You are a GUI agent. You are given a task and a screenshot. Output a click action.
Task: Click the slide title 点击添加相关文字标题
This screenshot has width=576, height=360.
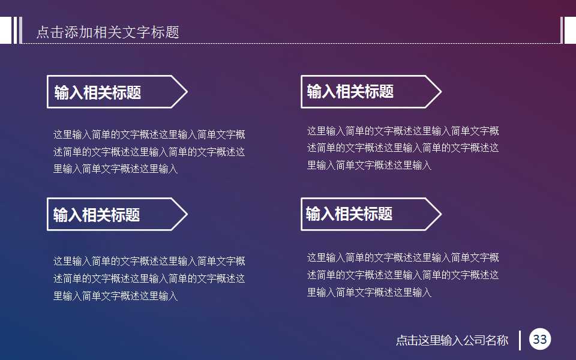click(x=107, y=32)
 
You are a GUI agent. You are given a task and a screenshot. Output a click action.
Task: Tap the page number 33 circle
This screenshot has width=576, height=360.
click(x=540, y=340)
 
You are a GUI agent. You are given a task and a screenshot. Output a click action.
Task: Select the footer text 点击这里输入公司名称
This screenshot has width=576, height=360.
click(x=452, y=340)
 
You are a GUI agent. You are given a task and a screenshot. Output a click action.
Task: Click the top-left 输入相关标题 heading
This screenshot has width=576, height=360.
click(x=98, y=92)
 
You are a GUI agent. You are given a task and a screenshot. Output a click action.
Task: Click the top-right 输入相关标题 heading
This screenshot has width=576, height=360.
click(x=350, y=92)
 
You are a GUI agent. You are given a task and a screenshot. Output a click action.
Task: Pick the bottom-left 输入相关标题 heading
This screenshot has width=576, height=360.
click(x=97, y=215)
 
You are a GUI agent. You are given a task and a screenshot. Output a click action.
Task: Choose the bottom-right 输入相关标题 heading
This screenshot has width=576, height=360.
click(x=349, y=214)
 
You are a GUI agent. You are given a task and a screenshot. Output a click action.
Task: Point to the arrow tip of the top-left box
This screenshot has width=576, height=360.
click(x=187, y=92)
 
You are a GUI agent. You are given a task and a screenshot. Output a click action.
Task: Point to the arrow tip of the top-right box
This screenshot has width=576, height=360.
click(x=440, y=92)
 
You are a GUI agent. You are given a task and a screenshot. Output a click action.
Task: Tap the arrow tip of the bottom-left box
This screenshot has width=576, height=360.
click(x=187, y=214)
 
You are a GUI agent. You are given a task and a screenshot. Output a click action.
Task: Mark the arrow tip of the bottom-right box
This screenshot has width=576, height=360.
click(x=440, y=214)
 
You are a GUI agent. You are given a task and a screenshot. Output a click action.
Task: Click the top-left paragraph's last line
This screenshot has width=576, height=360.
click(x=116, y=169)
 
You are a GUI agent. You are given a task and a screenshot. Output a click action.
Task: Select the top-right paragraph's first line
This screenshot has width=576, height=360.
click(x=403, y=131)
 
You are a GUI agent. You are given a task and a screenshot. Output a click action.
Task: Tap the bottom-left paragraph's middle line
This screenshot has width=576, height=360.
click(x=149, y=278)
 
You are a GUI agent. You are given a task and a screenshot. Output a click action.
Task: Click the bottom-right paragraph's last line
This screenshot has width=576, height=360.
click(x=370, y=293)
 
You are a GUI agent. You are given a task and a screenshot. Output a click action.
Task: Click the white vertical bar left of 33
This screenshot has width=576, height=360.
click(x=520, y=340)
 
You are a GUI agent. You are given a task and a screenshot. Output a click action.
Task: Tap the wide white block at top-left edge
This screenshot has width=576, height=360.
click(x=5, y=31)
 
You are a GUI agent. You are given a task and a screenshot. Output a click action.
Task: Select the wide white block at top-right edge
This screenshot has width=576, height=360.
click(x=571, y=31)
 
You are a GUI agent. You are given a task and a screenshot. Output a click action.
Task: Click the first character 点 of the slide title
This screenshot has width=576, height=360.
click(x=42, y=32)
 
